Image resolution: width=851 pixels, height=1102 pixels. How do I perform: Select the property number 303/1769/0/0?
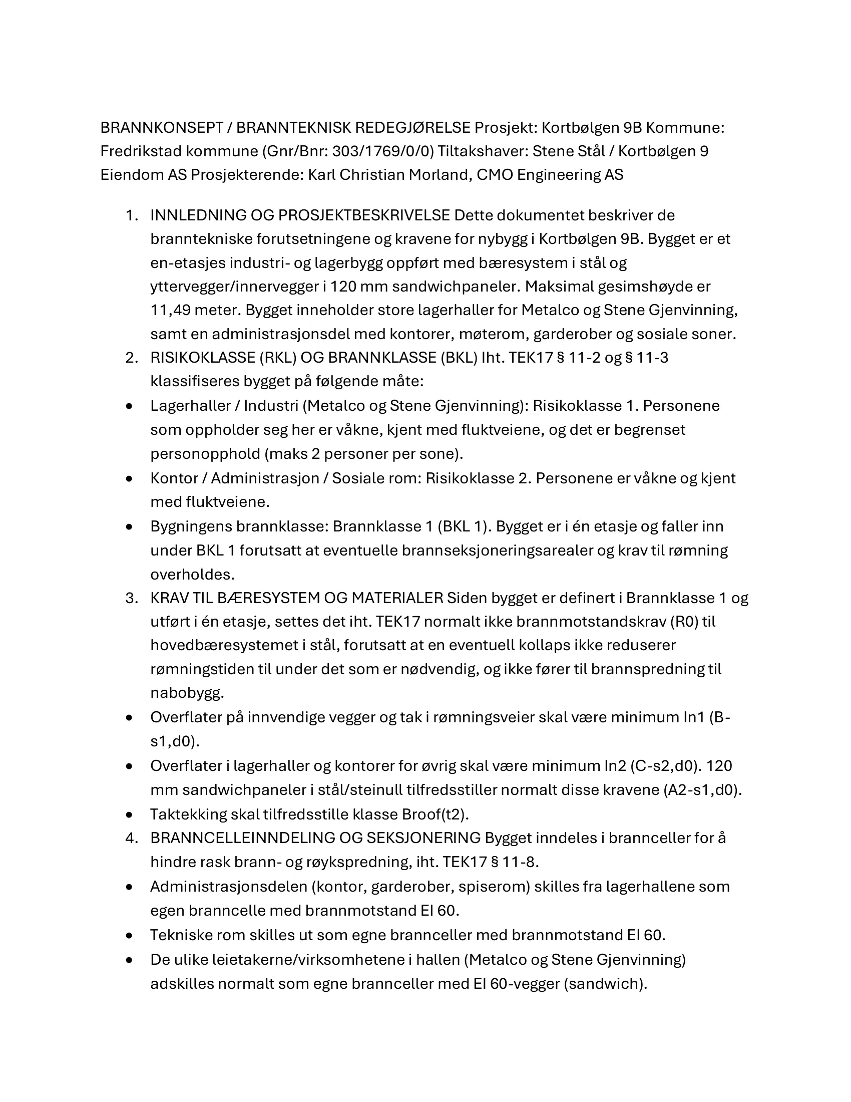[382, 151]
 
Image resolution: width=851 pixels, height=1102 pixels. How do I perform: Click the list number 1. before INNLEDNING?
[132, 215]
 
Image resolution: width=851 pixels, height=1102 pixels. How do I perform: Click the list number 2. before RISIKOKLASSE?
[132, 358]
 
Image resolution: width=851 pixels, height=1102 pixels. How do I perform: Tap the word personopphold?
[205, 454]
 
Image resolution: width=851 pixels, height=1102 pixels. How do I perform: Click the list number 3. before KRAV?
[132, 598]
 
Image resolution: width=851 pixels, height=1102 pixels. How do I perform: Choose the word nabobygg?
[187, 693]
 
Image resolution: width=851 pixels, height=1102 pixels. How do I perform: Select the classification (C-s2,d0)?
[666, 765]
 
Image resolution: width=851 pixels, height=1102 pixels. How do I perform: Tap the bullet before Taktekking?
[130, 814]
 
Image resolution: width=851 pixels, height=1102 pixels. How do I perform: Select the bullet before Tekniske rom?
[130, 935]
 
